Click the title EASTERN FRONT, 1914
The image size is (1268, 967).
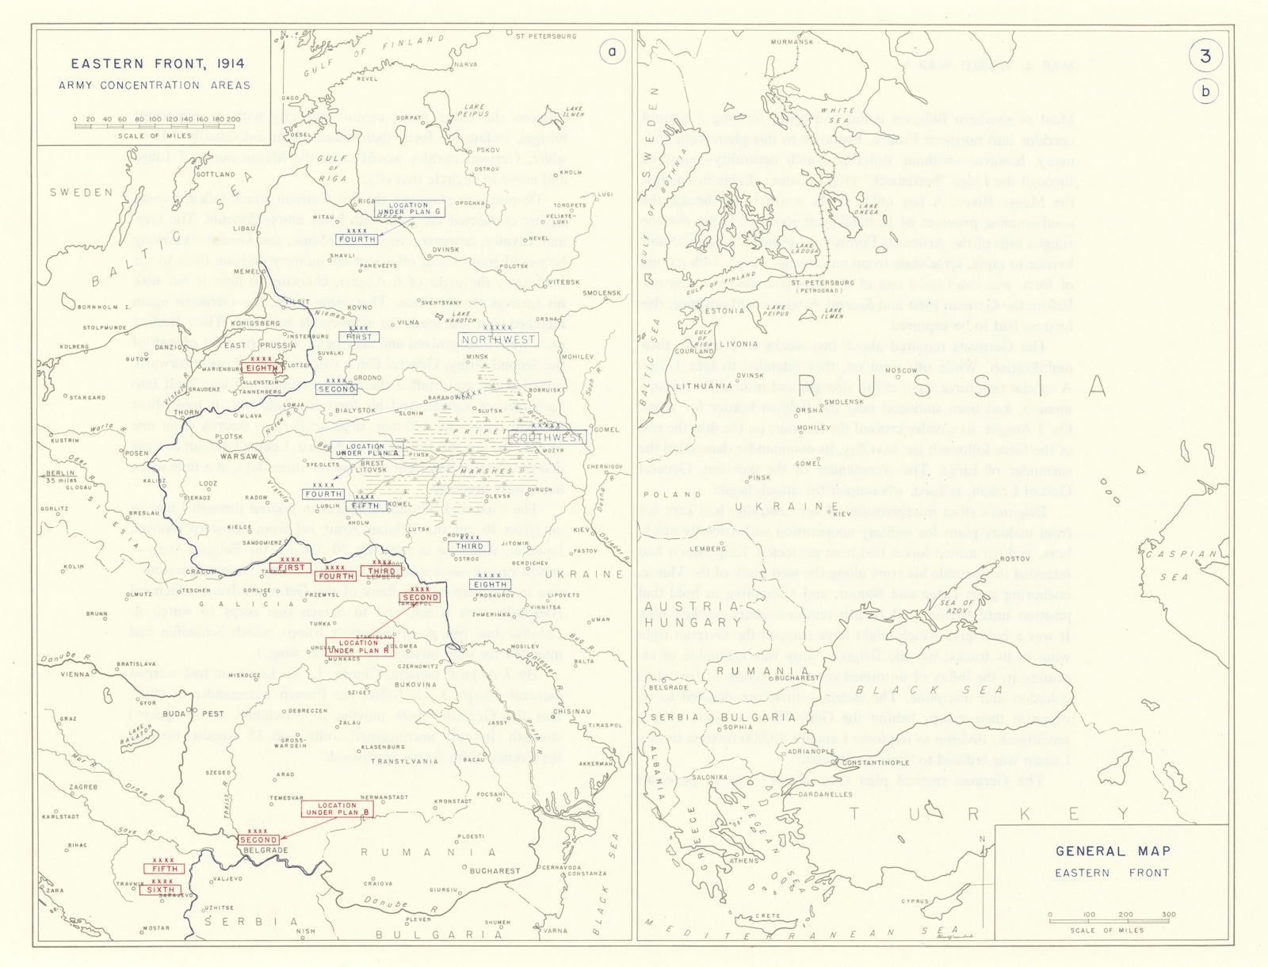click(x=157, y=63)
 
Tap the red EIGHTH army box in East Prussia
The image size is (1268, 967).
click(x=261, y=368)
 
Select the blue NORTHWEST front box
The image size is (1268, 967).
click(x=498, y=340)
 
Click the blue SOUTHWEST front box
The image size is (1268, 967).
click(x=548, y=437)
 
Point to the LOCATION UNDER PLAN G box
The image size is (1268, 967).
click(x=409, y=208)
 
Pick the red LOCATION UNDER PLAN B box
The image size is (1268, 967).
click(x=338, y=808)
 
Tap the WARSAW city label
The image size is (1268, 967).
click(x=239, y=457)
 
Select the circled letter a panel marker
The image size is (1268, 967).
click(x=611, y=52)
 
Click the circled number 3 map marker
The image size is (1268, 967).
click(x=1205, y=55)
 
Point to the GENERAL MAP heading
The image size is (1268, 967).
click(x=1113, y=851)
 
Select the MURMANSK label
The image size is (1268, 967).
click(x=792, y=42)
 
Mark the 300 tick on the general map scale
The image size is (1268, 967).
click(x=1168, y=915)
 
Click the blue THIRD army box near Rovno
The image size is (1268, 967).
click(x=469, y=546)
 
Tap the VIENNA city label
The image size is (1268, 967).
click(x=75, y=675)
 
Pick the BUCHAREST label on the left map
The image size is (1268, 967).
click(x=495, y=870)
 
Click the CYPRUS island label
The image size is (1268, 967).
click(x=915, y=901)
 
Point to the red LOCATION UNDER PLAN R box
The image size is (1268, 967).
click(x=358, y=647)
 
